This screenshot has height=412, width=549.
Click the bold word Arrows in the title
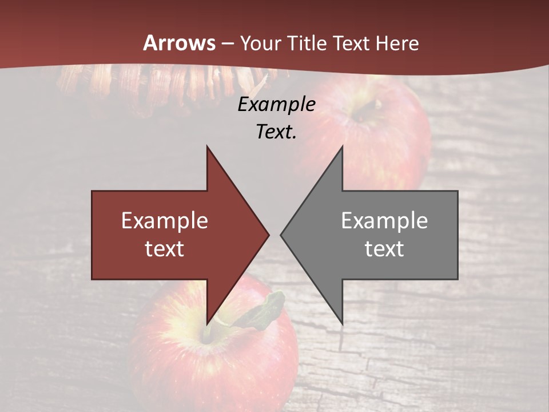click(180, 43)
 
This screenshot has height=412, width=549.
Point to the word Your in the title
click(261, 43)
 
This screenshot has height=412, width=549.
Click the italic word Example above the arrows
click(276, 104)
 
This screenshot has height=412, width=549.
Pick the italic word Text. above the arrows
click(276, 132)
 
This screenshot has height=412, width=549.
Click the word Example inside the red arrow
click(165, 220)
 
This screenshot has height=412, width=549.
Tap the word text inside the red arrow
click(165, 249)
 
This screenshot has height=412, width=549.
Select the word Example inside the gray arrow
click(384, 220)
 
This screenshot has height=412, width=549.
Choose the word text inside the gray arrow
click(384, 249)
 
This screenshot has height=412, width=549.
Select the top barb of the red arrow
click(208, 150)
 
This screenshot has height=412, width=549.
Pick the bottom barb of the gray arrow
click(341, 320)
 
